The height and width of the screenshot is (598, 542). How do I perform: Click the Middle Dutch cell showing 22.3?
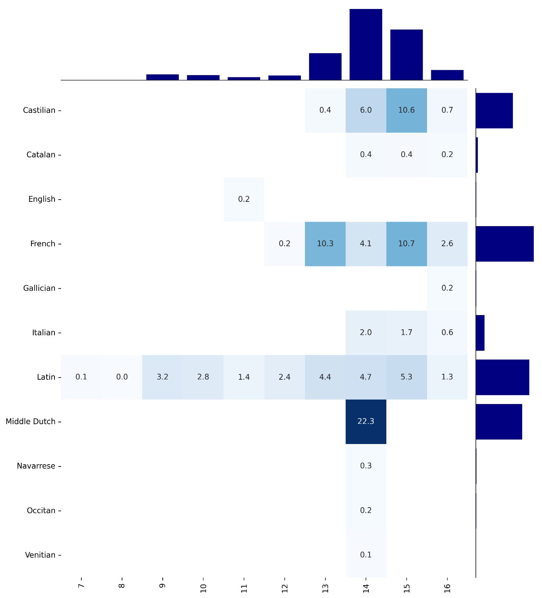pos(366,422)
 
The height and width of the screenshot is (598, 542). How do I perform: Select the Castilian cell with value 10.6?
pos(406,110)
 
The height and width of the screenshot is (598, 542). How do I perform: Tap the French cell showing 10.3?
pos(325,244)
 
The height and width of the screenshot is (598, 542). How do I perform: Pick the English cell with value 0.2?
pos(244,199)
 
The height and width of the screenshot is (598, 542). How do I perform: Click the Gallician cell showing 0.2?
pos(447,288)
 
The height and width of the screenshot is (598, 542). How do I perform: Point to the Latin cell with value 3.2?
pos(162,377)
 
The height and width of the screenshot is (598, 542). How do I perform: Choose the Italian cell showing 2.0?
pos(366,333)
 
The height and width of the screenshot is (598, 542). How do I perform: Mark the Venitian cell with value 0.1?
pos(366,555)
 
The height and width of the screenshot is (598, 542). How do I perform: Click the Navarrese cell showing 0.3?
pos(366,466)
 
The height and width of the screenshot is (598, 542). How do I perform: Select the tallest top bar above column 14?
pos(366,44)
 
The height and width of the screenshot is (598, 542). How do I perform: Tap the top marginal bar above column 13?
pos(325,67)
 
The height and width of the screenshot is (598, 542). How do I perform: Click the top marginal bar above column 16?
pos(447,75)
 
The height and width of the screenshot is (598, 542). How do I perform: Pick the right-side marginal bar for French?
pos(505,244)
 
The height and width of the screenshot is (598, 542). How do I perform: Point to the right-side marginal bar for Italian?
pos(480,333)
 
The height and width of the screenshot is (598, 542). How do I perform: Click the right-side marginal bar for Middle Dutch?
pos(499,422)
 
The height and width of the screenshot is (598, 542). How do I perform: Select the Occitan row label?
pos(41,511)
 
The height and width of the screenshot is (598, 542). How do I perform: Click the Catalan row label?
pos(41,155)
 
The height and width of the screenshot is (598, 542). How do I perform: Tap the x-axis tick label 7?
pos(81,586)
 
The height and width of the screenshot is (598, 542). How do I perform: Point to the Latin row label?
pos(46,377)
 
